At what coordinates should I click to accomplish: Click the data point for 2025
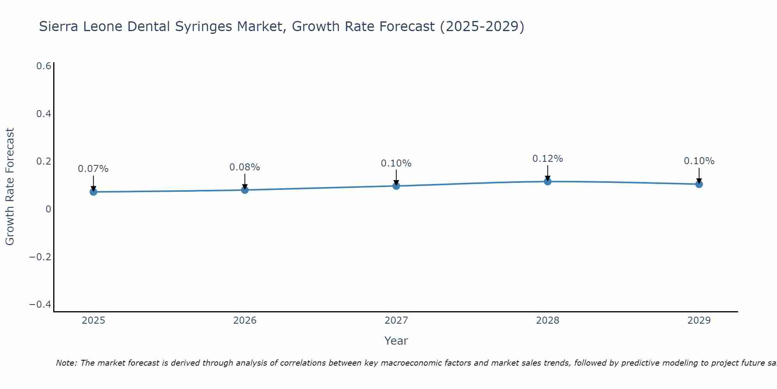(93, 192)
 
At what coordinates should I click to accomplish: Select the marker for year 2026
(245, 190)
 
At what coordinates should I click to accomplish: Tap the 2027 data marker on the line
(396, 186)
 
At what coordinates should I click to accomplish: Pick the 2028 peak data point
(547, 181)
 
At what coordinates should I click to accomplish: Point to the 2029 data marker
(699, 184)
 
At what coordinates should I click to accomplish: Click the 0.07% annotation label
(93, 169)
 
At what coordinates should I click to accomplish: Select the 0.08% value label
(245, 167)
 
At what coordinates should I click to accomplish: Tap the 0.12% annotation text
(547, 159)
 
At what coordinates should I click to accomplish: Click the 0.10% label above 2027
(396, 163)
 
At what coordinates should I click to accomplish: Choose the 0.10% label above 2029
(699, 161)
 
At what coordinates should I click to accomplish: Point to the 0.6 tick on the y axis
(44, 66)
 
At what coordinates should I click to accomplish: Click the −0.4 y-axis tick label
(40, 304)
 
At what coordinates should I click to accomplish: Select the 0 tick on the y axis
(48, 209)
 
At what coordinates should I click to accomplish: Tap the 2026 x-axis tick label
(245, 321)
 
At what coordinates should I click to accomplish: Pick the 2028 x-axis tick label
(547, 321)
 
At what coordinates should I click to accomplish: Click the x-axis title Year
(396, 341)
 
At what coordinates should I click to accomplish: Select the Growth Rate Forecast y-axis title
(10, 187)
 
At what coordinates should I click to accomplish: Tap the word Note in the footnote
(66, 363)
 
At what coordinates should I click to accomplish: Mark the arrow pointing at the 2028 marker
(547, 172)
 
